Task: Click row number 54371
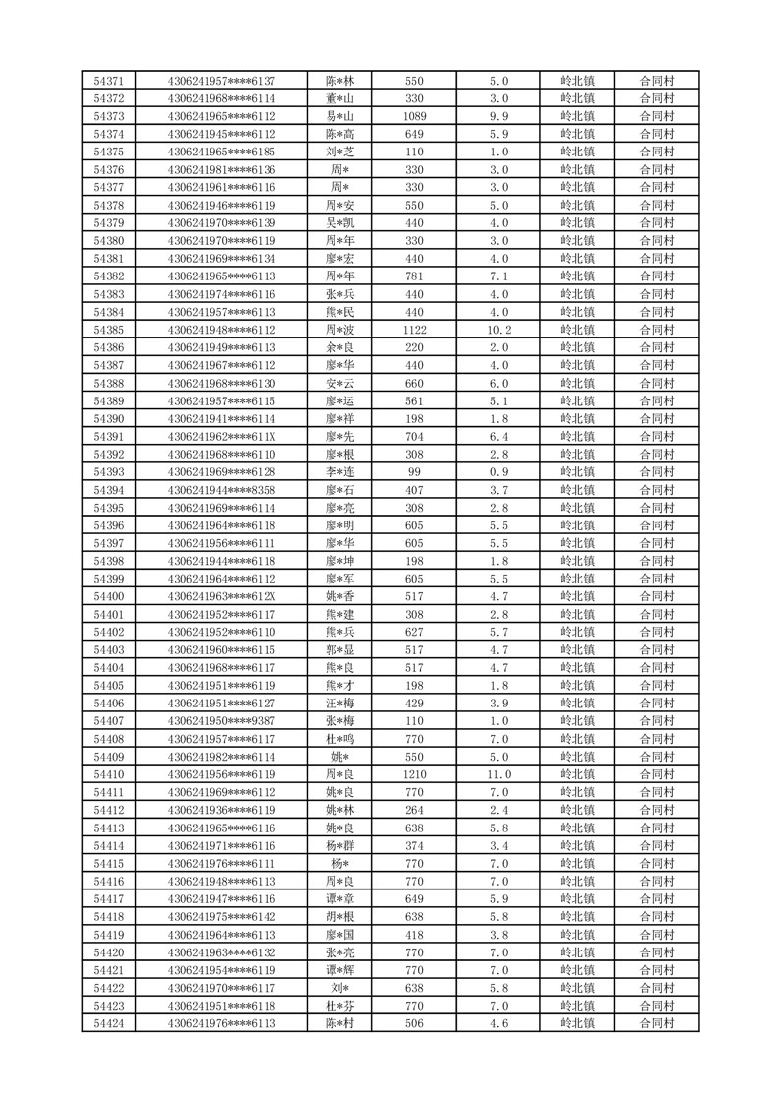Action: coord(108,81)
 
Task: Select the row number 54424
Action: coord(108,1023)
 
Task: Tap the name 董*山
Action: coord(340,98)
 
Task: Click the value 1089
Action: coord(414,116)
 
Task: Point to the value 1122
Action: coord(414,330)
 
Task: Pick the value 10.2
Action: coord(499,330)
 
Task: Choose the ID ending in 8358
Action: coord(221,490)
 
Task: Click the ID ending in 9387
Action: coord(221,721)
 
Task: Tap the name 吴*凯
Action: coord(340,223)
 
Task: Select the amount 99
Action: coord(414,472)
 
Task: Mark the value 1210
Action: coord(414,774)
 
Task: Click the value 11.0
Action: coord(499,774)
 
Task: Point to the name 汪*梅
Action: coord(340,704)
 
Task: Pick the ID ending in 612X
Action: coord(221,596)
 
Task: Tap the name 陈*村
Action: coord(340,1023)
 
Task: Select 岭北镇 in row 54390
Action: coord(576,419)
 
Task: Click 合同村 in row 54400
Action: coord(656,596)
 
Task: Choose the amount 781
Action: coord(414,276)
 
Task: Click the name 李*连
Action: coord(340,472)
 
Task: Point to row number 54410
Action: coord(108,774)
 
